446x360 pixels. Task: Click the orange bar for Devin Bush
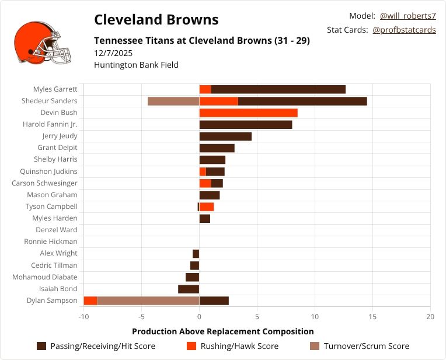[x=248, y=113]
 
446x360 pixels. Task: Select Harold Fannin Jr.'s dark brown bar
[x=245, y=124]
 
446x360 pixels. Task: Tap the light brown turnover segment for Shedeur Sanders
[x=173, y=101]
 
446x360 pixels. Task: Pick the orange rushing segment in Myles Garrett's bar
[x=205, y=89]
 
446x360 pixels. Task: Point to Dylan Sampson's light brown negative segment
[x=148, y=300]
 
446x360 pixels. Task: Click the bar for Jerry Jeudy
[x=225, y=136]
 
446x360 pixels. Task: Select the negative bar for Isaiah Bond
[x=189, y=289]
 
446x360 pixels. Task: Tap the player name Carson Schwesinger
[x=44, y=183]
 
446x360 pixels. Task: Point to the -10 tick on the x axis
[x=84, y=317]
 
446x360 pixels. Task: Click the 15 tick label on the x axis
[x=372, y=317]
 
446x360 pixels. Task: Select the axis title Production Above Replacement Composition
[x=223, y=331]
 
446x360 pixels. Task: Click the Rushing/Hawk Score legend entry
[x=232, y=346]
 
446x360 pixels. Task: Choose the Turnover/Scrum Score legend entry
[x=358, y=346]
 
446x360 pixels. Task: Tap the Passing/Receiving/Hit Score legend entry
[x=96, y=346]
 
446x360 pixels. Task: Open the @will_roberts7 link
[x=407, y=16]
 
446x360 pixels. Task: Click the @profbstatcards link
[x=404, y=30]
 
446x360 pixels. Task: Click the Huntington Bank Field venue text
[x=136, y=65]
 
